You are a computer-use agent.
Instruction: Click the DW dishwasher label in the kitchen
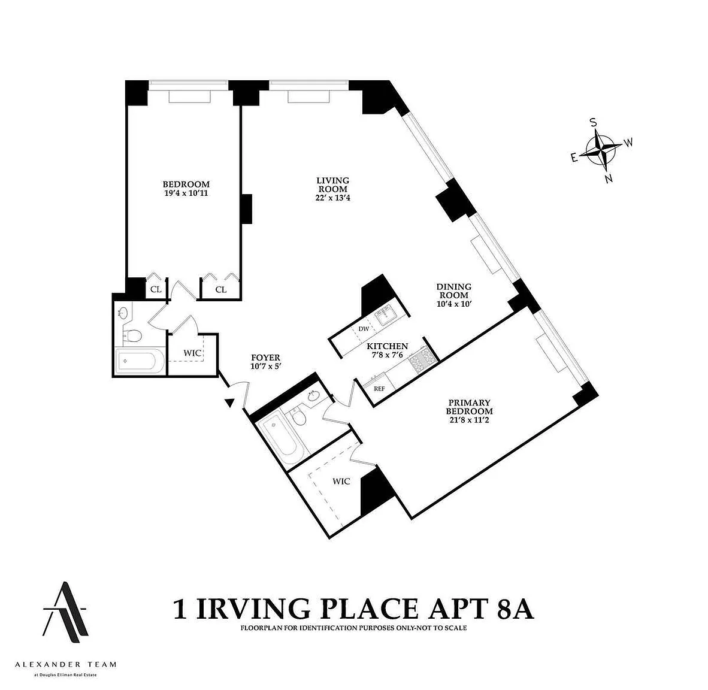pos(364,329)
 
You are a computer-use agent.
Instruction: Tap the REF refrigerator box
pos(379,388)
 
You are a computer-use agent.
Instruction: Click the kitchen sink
pos(386,314)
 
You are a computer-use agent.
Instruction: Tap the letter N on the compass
pos(609,179)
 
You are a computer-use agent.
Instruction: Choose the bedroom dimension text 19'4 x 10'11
pos(186,193)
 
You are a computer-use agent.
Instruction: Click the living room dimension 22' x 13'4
pos(333,198)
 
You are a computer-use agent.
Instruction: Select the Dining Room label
pos(454,291)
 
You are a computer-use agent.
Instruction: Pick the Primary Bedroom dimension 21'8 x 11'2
pos(469,420)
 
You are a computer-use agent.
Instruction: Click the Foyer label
pos(265,358)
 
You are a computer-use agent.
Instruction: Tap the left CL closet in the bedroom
pos(156,289)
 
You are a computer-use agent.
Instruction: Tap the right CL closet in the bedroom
pos(221,289)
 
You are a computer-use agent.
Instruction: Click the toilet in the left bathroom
pos(133,335)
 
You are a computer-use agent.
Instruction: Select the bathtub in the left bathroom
pos(137,361)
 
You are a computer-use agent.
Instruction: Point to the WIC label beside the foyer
pos(192,353)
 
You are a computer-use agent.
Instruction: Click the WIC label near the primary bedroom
pos(341,482)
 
